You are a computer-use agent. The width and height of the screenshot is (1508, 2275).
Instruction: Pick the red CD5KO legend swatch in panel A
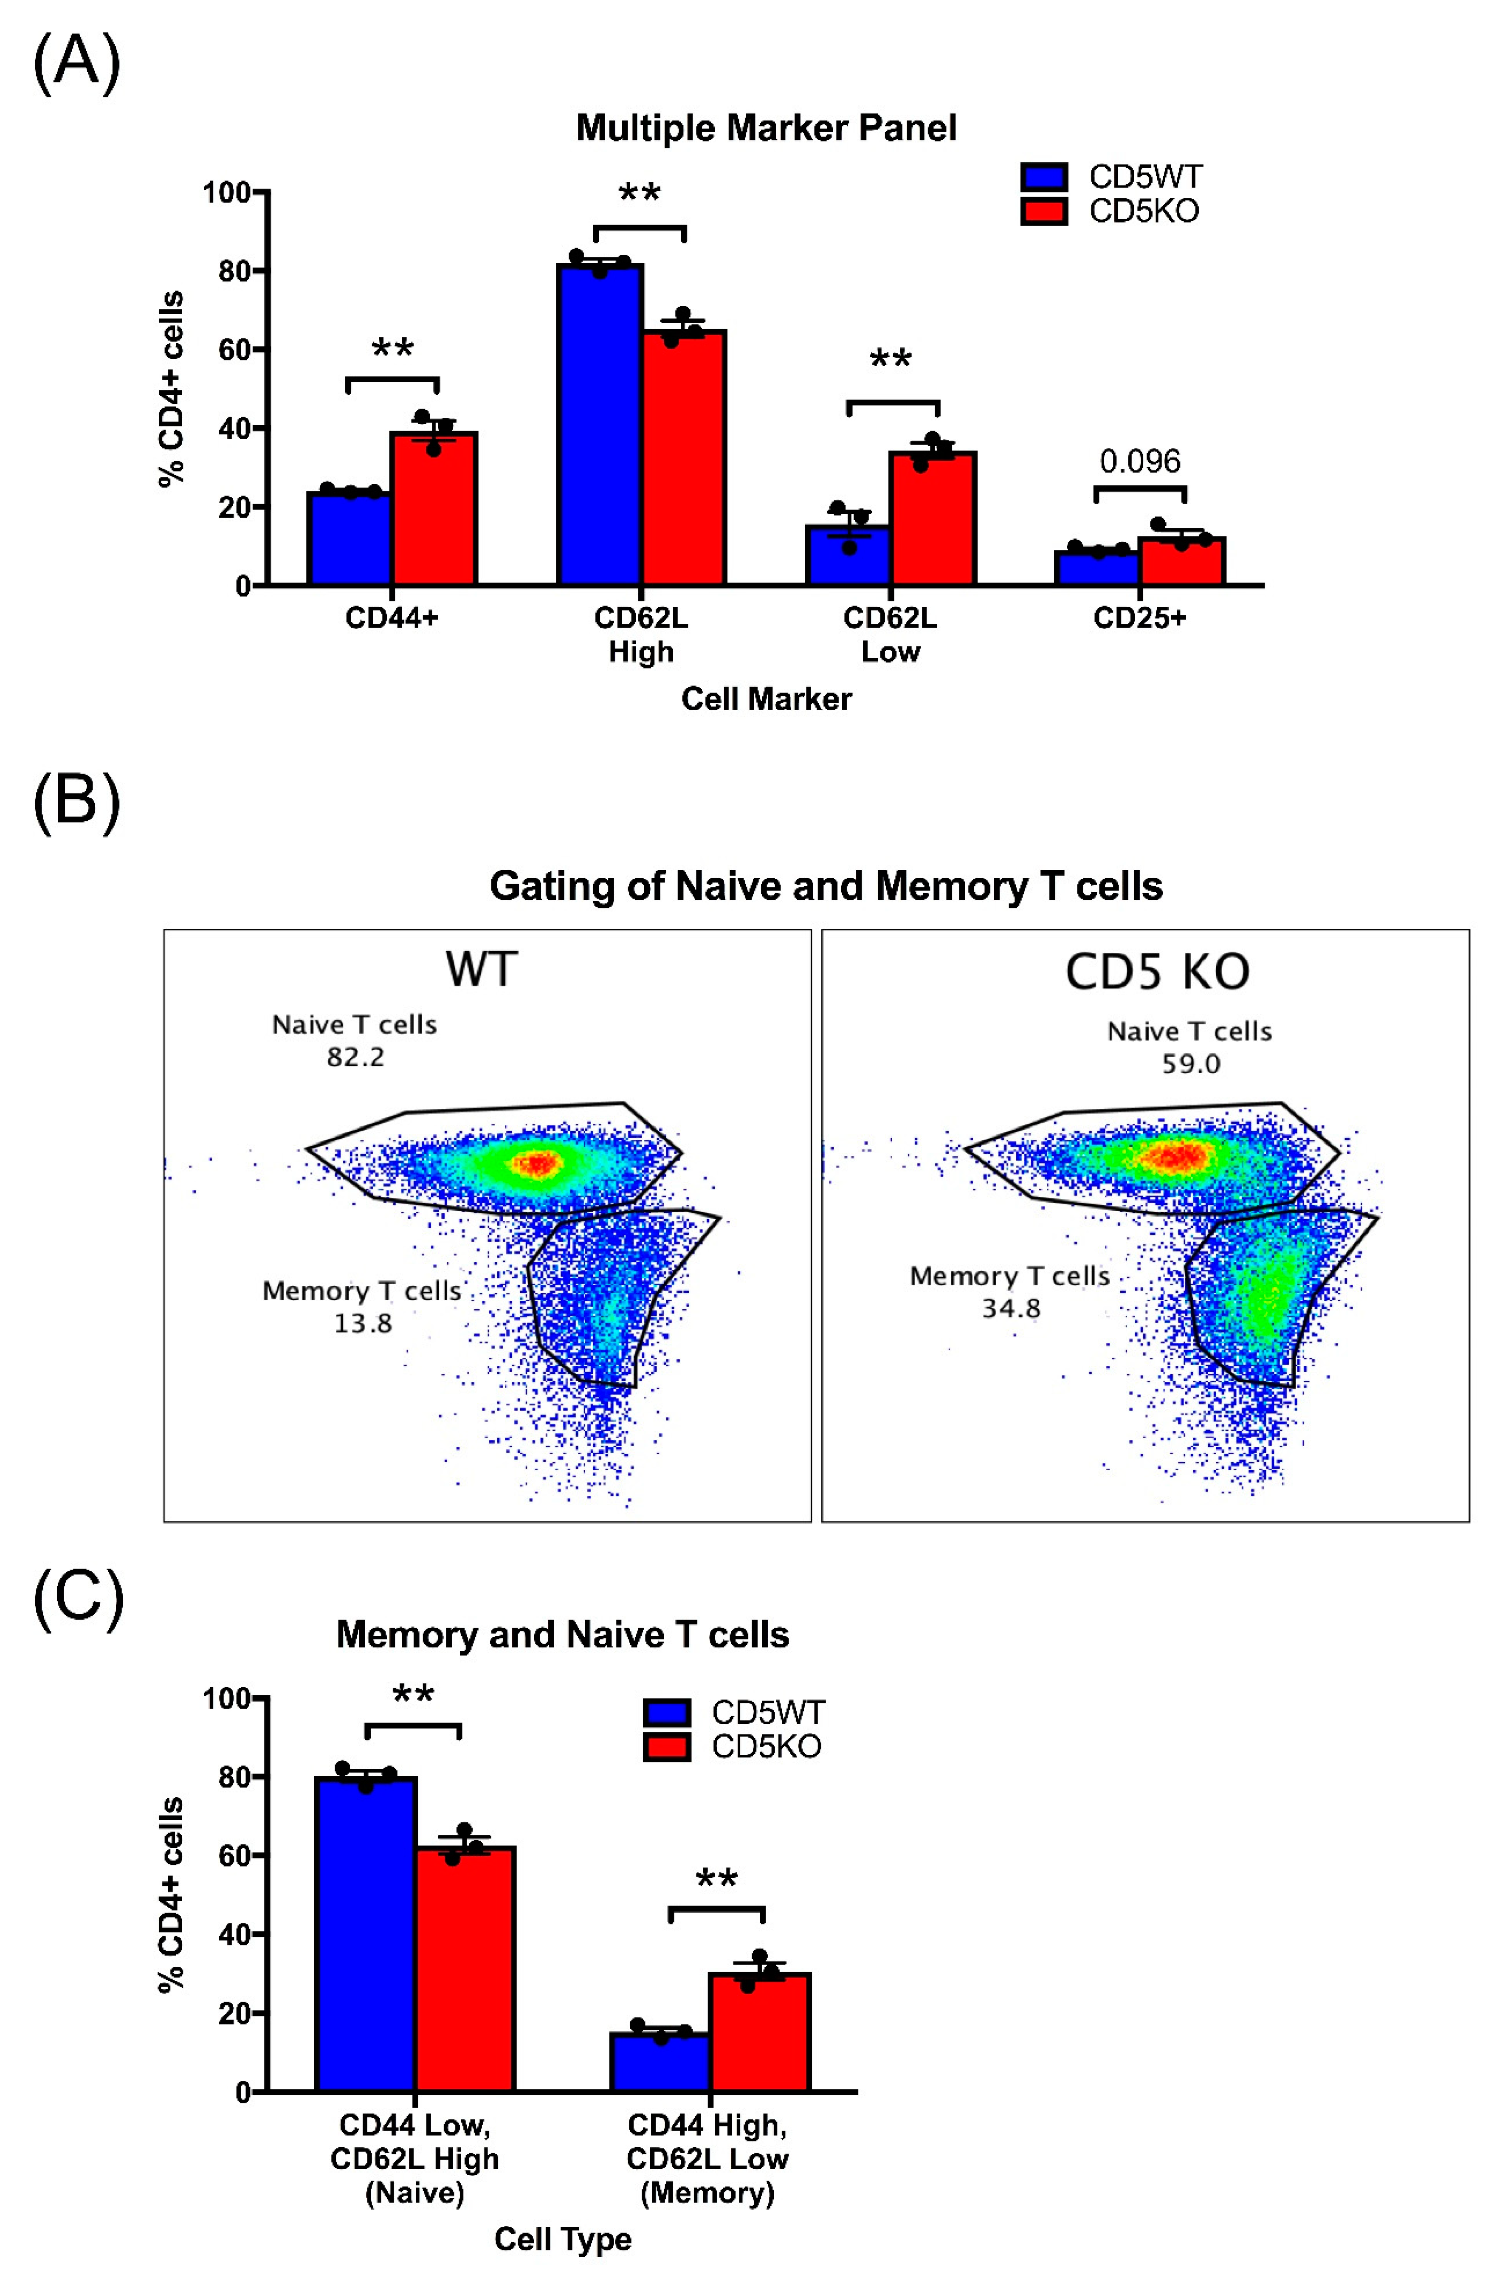coord(1043,211)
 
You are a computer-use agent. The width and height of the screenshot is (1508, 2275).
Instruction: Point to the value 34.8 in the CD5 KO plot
coord(1011,1309)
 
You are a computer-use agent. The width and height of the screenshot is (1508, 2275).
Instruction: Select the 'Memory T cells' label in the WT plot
coord(362,1291)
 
